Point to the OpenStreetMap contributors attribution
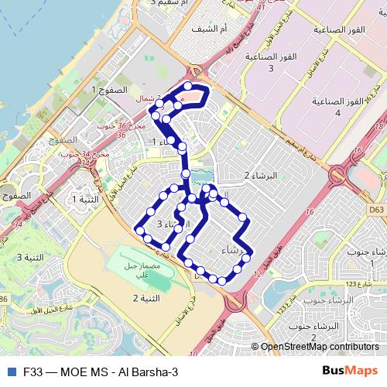[x=319, y=348]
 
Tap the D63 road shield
[x=376, y=208]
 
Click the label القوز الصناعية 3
[x=271, y=62]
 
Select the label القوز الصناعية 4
[x=337, y=107]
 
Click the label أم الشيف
[x=212, y=29]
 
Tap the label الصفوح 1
[x=107, y=91]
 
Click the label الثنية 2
[x=146, y=298]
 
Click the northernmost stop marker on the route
[x=189, y=85]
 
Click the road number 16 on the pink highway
[x=310, y=210]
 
